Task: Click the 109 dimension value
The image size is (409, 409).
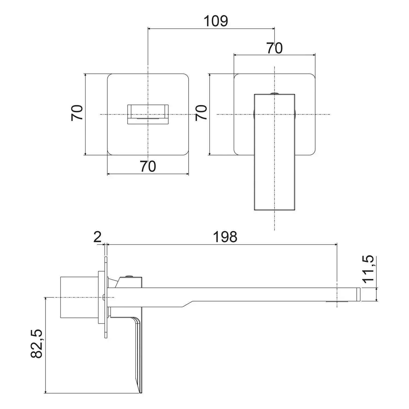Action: coord(216,21)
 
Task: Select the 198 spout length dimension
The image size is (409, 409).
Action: coord(225,237)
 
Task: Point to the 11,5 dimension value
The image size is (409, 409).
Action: coord(368,270)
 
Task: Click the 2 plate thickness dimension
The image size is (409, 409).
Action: coord(97,237)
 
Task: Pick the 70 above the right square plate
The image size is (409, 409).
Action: coord(274,48)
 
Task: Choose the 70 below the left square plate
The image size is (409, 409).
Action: coord(148,166)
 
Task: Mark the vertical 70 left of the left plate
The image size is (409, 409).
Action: coord(77,113)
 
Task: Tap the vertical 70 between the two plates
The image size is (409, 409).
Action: coord(202,113)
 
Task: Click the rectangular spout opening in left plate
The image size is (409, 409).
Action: coord(148,114)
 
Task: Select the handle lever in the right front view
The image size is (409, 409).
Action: coord(274,153)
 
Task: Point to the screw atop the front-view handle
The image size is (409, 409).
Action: coord(274,93)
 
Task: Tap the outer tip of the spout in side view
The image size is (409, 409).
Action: coord(359,294)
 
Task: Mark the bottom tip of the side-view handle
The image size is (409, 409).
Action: coord(141,392)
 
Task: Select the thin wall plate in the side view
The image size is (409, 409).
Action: coord(106,297)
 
